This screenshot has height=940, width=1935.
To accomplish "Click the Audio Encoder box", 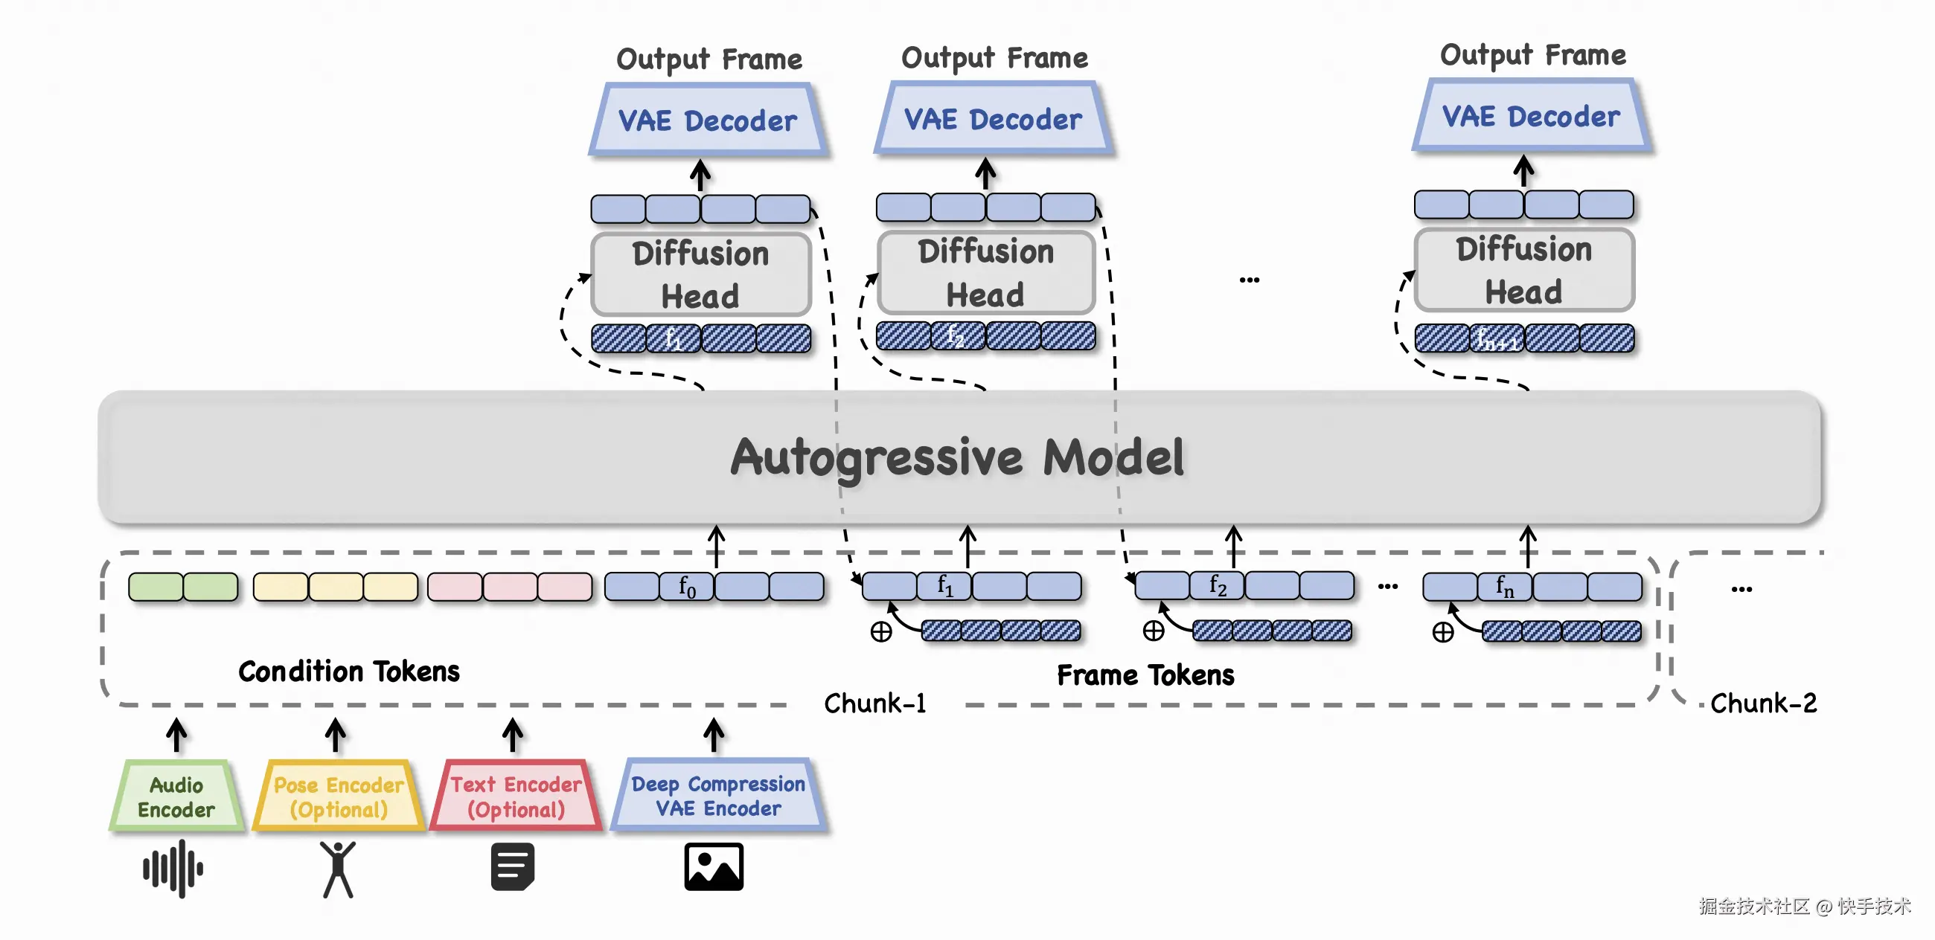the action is click(176, 796).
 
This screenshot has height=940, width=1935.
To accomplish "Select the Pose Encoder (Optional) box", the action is click(339, 796).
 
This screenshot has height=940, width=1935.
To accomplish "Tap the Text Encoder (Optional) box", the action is click(516, 796).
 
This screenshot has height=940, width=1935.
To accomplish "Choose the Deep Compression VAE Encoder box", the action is click(719, 796).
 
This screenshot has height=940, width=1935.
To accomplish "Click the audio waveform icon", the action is click(173, 869).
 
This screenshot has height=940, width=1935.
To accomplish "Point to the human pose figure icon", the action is click(338, 869).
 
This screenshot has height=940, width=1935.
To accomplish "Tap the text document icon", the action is click(513, 866).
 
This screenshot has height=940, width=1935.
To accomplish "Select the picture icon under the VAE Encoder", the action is click(714, 866).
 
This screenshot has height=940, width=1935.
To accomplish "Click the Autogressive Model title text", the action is click(958, 458).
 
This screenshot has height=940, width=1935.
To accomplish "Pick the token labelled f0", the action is click(688, 586).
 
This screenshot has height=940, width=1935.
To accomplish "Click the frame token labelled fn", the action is click(1505, 586).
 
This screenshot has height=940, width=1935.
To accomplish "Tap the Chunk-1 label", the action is click(875, 704).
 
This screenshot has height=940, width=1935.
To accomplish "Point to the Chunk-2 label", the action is click(1764, 704).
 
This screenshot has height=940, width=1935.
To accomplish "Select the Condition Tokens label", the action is click(348, 672).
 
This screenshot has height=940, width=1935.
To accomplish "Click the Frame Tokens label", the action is click(1145, 675).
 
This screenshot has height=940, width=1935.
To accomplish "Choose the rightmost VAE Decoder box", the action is click(1532, 116).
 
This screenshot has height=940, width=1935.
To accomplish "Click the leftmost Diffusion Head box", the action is click(701, 274).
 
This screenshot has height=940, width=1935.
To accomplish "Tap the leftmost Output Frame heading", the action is click(709, 59).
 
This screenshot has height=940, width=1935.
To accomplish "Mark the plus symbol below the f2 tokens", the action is click(1154, 631).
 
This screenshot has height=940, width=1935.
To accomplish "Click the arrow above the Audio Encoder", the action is click(176, 734).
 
